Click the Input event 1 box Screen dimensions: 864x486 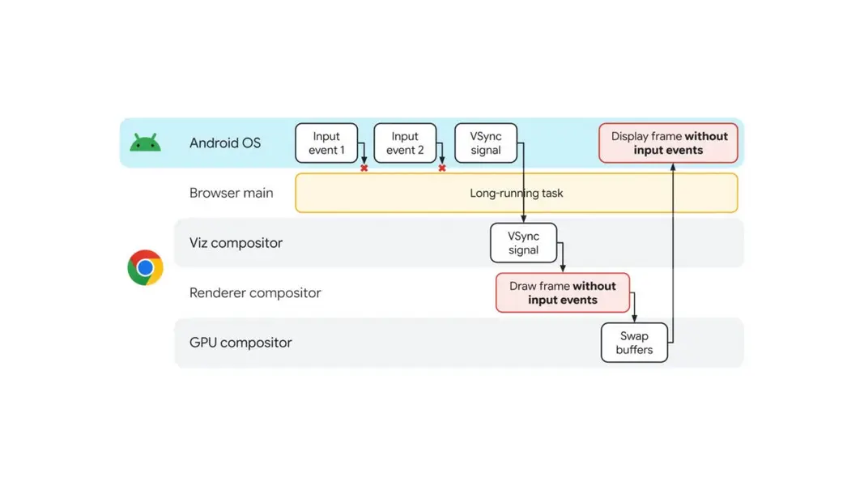coord(326,143)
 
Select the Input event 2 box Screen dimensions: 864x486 coord(405,143)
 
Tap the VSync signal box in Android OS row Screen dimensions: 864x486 coord(486,143)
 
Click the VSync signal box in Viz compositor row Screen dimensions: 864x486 coord(523,242)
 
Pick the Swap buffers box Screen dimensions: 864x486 coord(634,342)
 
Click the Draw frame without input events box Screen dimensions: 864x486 coord(563,292)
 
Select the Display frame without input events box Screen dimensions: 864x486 coord(668,143)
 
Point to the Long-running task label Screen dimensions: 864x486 coord(517,193)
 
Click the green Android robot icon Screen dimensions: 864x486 coord(146,143)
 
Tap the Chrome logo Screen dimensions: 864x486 coord(146,268)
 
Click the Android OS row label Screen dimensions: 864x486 coord(225,143)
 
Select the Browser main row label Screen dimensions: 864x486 coord(232,193)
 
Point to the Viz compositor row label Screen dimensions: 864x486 coord(236,243)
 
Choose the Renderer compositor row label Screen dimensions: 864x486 coord(255,292)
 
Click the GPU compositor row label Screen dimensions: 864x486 coord(240,343)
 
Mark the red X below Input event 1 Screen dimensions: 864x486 coord(364,168)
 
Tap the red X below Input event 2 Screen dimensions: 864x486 coord(442,168)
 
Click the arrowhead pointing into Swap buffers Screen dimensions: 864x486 coord(634,318)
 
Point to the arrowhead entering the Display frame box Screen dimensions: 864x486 coord(673,167)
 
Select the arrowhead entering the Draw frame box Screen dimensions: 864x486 coord(563,268)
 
